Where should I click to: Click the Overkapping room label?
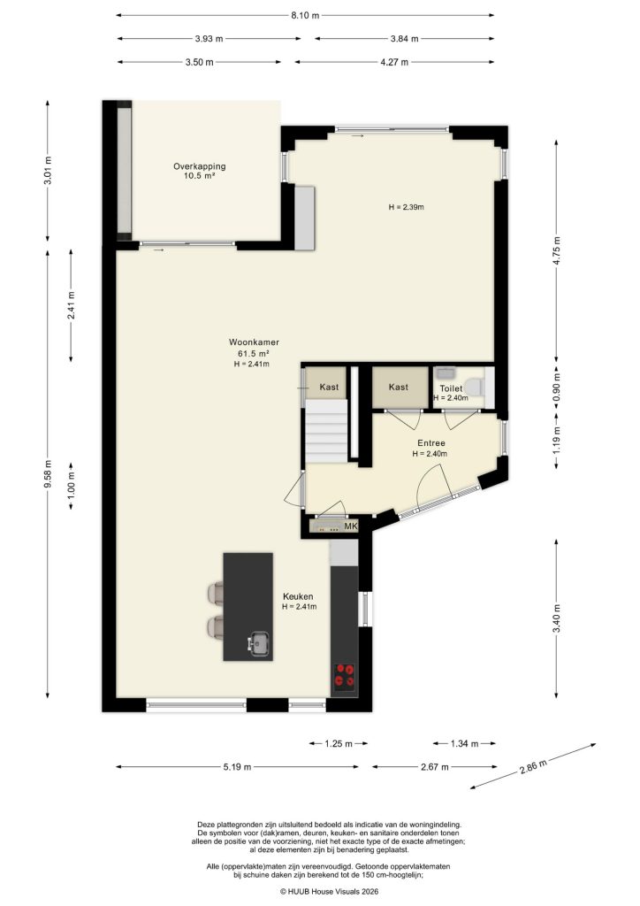pos(199,166)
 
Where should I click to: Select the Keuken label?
pos(299,596)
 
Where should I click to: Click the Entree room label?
pos(430,443)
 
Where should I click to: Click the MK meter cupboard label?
pos(351,527)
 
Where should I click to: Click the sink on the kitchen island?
pos(260,643)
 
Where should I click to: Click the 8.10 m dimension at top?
pos(304,15)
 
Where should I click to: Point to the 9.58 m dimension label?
pos(50,480)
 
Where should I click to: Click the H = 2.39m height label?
pos(407,208)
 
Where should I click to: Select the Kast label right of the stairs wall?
pos(398,388)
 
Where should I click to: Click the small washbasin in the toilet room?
pos(444,373)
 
